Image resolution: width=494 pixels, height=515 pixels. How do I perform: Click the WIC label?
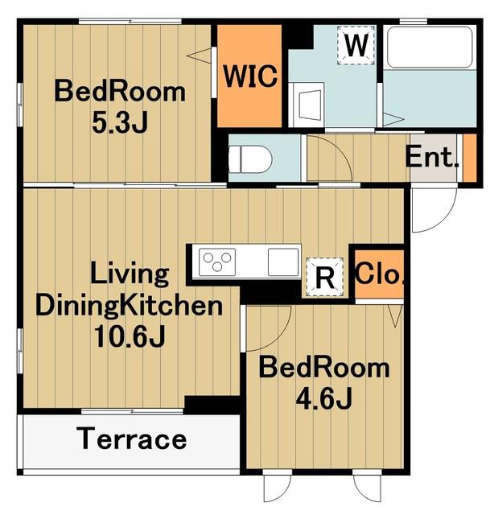250,76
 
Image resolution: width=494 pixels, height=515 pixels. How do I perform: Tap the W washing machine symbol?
356,45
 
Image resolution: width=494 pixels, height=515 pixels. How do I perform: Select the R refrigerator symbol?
324,277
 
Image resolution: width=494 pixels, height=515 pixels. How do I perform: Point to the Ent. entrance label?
431,157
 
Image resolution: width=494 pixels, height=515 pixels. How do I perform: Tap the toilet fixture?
250,159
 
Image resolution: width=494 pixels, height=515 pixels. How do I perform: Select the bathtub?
430,47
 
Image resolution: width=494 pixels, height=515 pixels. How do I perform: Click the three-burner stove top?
217,262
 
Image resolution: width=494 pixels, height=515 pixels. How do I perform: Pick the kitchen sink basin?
283,262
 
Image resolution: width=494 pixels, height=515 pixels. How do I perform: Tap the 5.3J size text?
120,122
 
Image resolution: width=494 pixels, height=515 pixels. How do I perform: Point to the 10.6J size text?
129,336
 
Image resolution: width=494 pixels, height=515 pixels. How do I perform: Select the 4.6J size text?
324,398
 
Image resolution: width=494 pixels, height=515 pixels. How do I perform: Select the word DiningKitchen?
129,306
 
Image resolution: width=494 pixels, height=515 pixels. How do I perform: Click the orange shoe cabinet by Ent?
470,158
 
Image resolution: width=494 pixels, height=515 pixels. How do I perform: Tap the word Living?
130,274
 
